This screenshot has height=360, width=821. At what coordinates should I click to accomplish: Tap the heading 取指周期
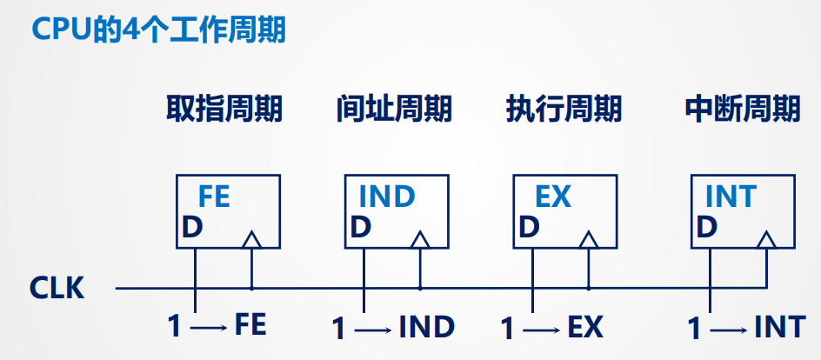pyautogui.click(x=224, y=109)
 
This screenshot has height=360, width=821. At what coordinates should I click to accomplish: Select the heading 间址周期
pyautogui.click(x=394, y=109)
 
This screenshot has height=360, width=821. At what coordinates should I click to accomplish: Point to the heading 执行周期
pyautogui.click(x=564, y=109)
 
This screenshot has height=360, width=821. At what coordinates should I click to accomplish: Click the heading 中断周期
pyautogui.click(x=743, y=109)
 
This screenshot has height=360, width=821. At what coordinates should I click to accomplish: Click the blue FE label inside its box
pyautogui.click(x=214, y=197)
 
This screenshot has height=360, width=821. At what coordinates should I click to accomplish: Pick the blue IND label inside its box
pyautogui.click(x=387, y=197)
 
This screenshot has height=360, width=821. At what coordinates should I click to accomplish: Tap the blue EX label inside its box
pyautogui.click(x=552, y=197)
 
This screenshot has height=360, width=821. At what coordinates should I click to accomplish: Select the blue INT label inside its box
pyautogui.click(x=731, y=197)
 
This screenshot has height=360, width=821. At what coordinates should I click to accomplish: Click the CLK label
pyautogui.click(x=57, y=288)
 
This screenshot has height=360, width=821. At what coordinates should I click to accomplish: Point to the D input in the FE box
pyautogui.click(x=192, y=228)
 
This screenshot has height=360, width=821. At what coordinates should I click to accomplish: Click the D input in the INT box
pyautogui.click(x=707, y=228)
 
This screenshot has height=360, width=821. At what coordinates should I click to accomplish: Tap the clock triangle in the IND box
pyautogui.click(x=420, y=240)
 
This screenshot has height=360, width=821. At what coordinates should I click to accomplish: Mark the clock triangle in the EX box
pyautogui.click(x=589, y=240)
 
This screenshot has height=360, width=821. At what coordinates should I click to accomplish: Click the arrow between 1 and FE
pyautogui.click(x=209, y=328)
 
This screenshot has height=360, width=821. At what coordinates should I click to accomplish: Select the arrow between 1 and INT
pyautogui.click(x=728, y=330)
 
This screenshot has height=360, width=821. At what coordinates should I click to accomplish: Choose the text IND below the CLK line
pyautogui.click(x=427, y=328)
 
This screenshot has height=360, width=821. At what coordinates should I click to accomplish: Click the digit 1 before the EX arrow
pyautogui.click(x=507, y=329)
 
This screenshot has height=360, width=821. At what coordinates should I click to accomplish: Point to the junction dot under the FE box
pyautogui.click(x=252, y=288)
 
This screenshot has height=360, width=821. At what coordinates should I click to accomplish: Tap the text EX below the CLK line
pyautogui.click(x=585, y=328)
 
